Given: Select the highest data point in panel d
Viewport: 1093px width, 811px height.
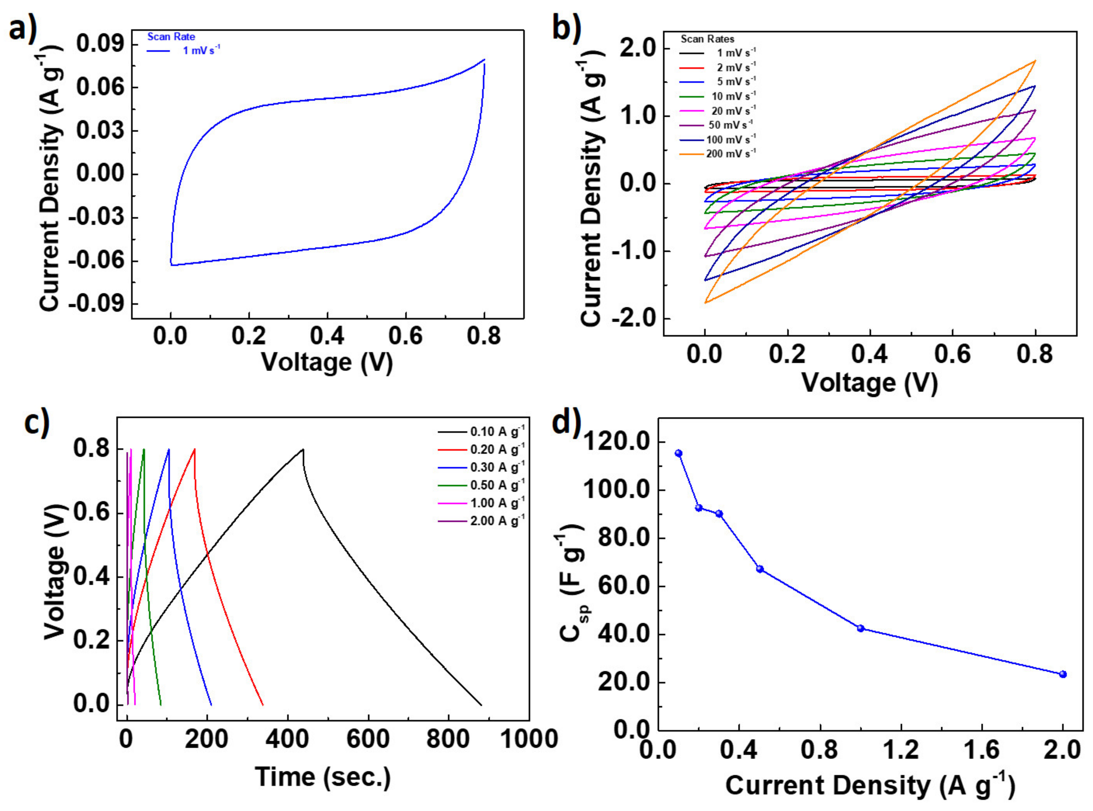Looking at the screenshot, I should [679, 453].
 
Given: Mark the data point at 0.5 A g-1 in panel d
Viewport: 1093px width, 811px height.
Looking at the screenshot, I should [760, 569].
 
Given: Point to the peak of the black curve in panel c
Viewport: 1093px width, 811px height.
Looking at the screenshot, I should [303, 449].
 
